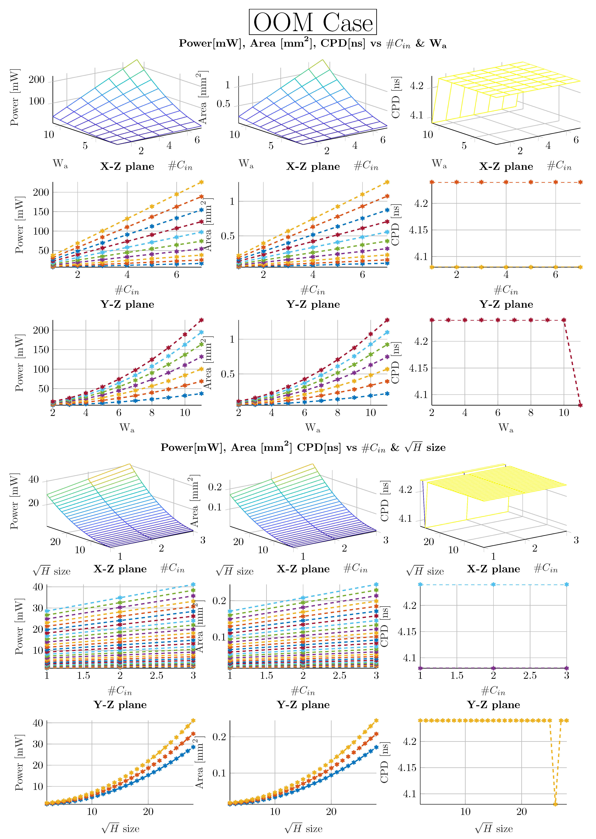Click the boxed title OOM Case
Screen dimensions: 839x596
point(313,22)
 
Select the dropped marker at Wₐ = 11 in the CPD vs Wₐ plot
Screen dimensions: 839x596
point(580,405)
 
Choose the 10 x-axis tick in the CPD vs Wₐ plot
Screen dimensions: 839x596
point(564,413)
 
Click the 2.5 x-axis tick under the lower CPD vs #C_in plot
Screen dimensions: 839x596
point(530,676)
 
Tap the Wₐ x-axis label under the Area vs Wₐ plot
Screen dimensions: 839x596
point(313,428)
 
